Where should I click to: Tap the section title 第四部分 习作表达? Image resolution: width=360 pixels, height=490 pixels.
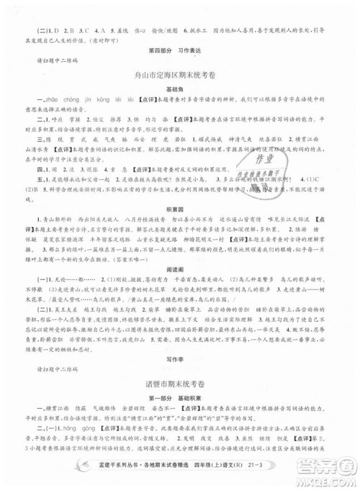(179, 48)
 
